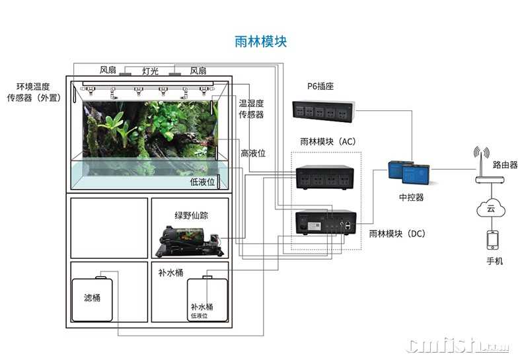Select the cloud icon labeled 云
click(490, 209)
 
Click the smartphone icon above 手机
click(490, 239)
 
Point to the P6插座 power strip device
click(324, 111)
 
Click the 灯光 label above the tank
click(151, 71)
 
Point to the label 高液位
click(253, 153)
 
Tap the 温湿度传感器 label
click(251, 109)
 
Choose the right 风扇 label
click(198, 71)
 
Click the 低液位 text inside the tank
click(202, 182)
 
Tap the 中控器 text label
click(412, 197)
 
